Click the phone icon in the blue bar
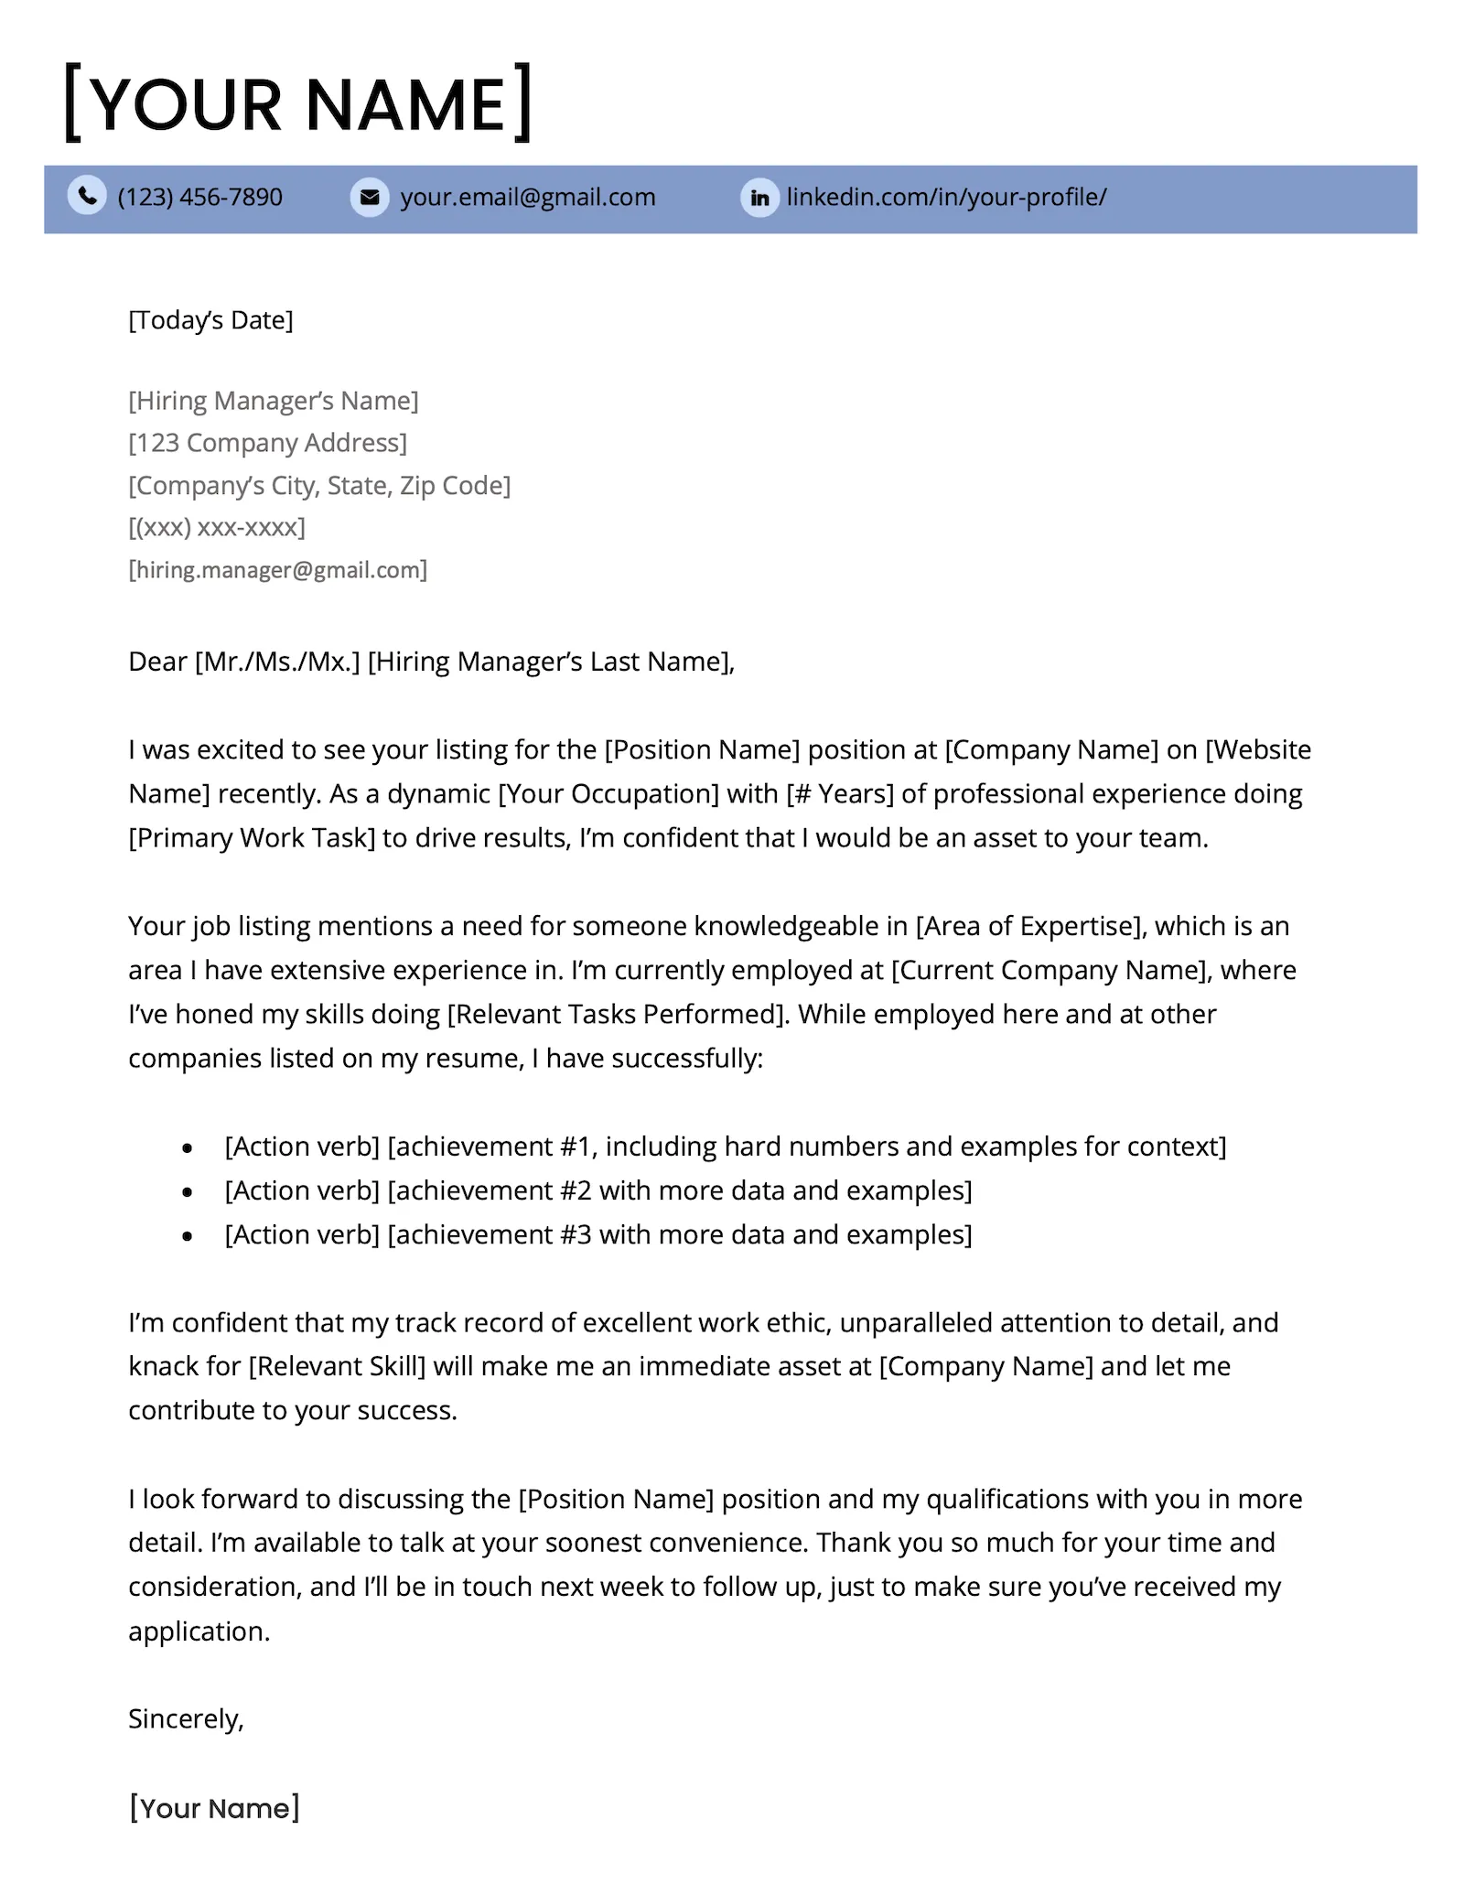pos(87,197)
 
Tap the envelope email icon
pos(370,197)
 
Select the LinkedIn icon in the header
pos(759,198)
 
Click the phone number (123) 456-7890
pos(199,197)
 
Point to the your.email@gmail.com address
pos(527,197)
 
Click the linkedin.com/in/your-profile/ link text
pos(946,197)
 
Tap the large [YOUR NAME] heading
pos(298,103)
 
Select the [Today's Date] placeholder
pos(210,320)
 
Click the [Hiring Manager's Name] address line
pos(273,401)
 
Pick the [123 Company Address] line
pos(267,443)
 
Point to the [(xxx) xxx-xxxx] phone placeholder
pos(217,527)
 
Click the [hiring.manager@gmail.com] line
pos(277,570)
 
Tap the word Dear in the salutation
pos(157,662)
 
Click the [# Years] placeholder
pos(839,793)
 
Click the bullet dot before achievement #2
pos(188,1191)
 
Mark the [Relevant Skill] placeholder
pos(337,1366)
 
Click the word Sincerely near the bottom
pos(185,1719)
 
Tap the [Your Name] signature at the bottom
pos(214,1808)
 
